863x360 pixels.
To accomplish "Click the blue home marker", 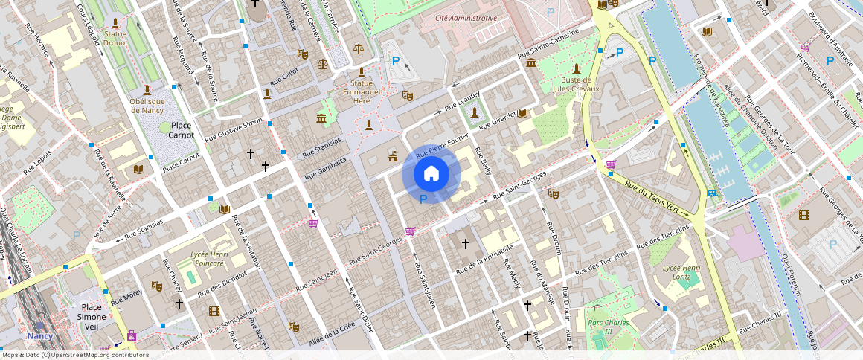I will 431,174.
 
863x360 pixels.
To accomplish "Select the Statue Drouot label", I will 115,38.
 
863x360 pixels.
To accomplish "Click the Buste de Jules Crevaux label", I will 575,84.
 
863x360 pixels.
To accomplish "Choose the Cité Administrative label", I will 466,17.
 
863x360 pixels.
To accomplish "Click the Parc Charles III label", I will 609,327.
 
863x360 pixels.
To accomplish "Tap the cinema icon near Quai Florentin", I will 803,215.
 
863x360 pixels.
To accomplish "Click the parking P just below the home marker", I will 423,199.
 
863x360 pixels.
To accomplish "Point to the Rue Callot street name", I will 283,76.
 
